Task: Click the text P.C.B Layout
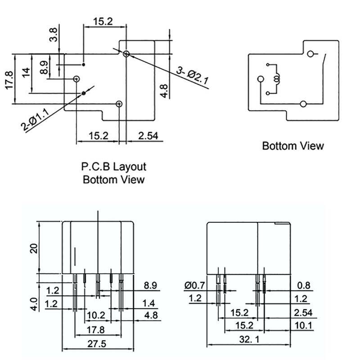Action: coord(114,167)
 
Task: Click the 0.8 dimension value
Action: coord(304,285)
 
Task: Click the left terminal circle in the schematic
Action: coord(260,79)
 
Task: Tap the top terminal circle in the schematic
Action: coord(310,54)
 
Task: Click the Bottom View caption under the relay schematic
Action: coord(292,146)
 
